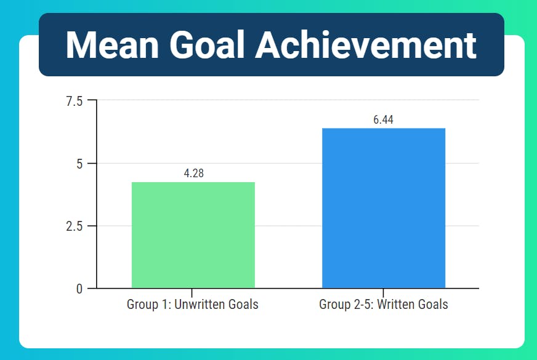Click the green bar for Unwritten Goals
click(x=193, y=235)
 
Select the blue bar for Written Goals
click(x=384, y=208)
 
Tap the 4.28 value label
click(x=194, y=174)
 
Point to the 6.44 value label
click(x=383, y=120)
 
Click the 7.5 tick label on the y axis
click(x=75, y=102)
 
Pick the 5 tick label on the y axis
click(x=79, y=164)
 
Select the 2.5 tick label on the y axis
click(x=75, y=226)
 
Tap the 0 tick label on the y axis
click(x=79, y=289)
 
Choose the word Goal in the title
click(x=207, y=45)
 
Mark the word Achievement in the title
click(x=366, y=45)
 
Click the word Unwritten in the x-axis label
click(x=200, y=304)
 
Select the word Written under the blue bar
click(x=394, y=304)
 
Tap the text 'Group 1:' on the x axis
click(x=149, y=305)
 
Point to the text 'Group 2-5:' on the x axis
click(x=346, y=305)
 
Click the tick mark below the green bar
click(x=192, y=293)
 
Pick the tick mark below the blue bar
click(x=383, y=293)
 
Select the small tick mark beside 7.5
click(x=92, y=100)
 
